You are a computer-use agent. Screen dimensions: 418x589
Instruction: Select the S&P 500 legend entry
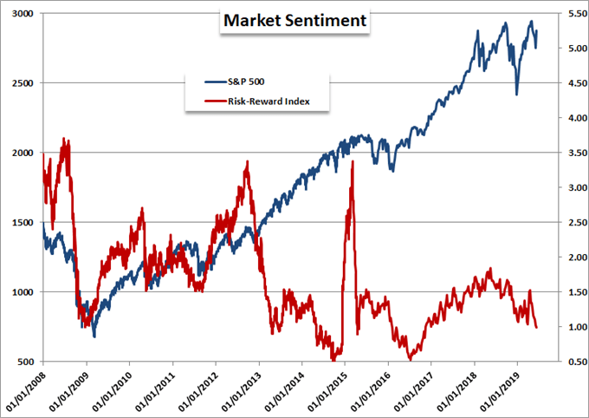click(x=253, y=81)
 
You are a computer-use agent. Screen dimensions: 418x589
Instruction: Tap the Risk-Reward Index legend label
click(x=269, y=102)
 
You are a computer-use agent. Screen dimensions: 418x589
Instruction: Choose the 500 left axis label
click(x=26, y=362)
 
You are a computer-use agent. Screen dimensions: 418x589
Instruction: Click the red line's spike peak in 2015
click(x=353, y=161)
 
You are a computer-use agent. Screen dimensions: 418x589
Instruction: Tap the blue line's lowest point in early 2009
click(x=94, y=336)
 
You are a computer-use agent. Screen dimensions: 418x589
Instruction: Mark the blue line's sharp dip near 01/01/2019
click(x=516, y=95)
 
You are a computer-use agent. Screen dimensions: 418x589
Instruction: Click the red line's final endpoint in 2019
click(x=536, y=328)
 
